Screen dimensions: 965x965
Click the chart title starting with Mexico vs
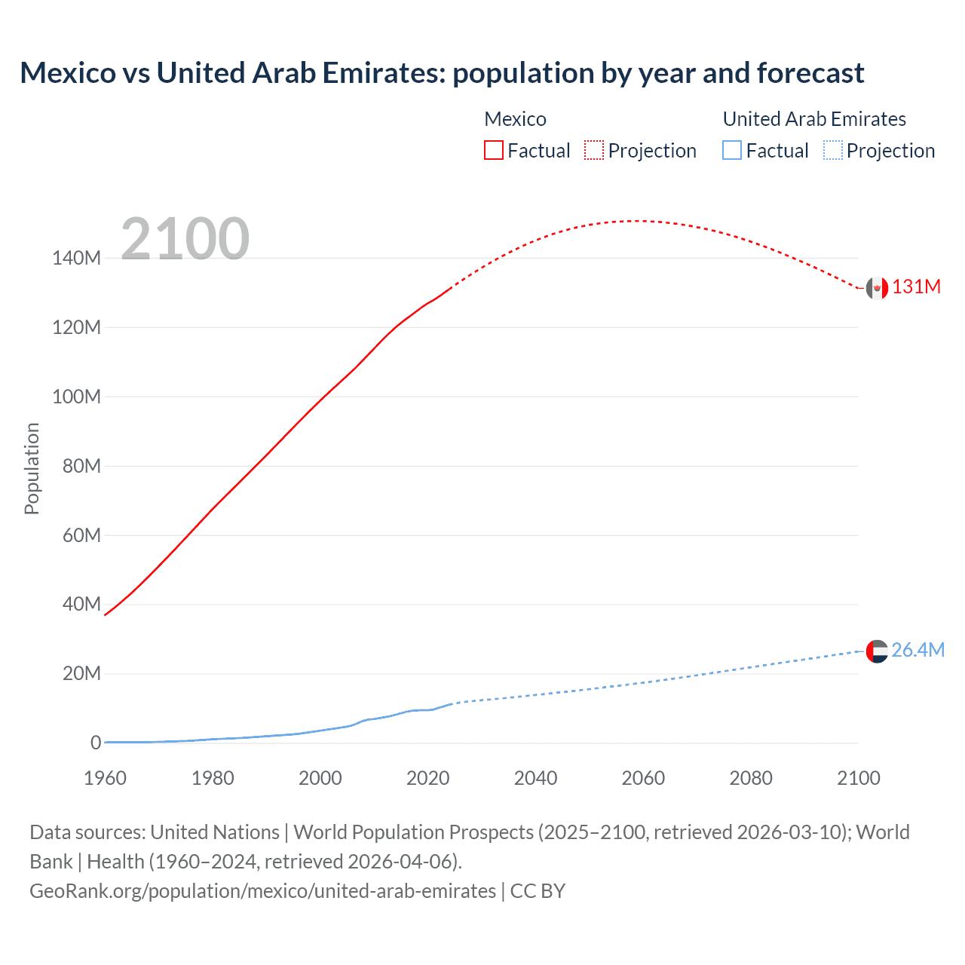pos(442,73)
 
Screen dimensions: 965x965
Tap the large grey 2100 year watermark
pos(185,238)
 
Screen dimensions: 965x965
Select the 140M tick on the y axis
pos(76,258)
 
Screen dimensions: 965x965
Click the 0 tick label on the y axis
pos(95,743)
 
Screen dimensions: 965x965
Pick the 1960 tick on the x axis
pos(105,778)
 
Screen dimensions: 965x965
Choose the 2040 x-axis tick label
pos(535,778)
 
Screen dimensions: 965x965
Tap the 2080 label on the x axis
pos(751,778)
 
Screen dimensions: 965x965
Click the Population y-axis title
pos(32,468)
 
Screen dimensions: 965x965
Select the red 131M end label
pos(916,287)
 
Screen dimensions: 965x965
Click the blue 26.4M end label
pos(918,650)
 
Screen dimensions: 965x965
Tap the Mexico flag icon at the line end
pos(877,288)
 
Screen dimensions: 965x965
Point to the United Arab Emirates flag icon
pos(877,651)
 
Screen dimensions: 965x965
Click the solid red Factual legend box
pos(494,150)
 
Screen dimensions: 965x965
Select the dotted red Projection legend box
pos(594,150)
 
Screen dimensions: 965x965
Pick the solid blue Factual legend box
pos(732,150)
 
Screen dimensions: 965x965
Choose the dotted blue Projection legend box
pos(833,150)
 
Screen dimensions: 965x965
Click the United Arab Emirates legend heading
pos(814,119)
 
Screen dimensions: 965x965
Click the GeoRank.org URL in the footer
pos(262,891)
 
